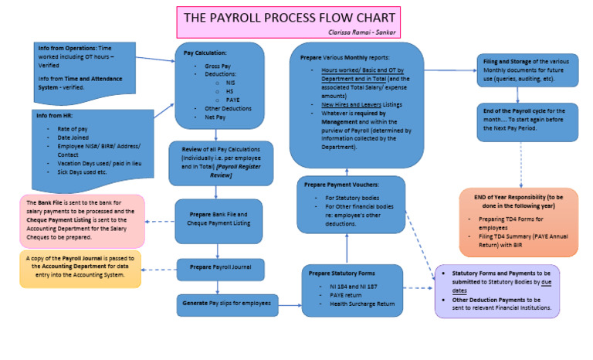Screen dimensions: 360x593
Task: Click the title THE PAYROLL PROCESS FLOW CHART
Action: pos(290,18)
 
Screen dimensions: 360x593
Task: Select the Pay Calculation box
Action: pos(220,85)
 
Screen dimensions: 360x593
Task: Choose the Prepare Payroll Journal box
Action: pos(220,268)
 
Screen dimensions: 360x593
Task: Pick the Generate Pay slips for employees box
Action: pos(227,304)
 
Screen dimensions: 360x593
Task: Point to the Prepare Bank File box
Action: pos(220,219)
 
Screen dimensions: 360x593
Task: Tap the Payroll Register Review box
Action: pos(221,163)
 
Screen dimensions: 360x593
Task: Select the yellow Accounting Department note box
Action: pos(80,268)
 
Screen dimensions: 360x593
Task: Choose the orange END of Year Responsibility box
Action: pos(518,222)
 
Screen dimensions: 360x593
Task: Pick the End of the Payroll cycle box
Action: pos(526,122)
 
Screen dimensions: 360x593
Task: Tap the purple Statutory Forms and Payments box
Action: pos(496,290)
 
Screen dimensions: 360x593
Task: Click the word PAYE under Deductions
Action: pos(232,100)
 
